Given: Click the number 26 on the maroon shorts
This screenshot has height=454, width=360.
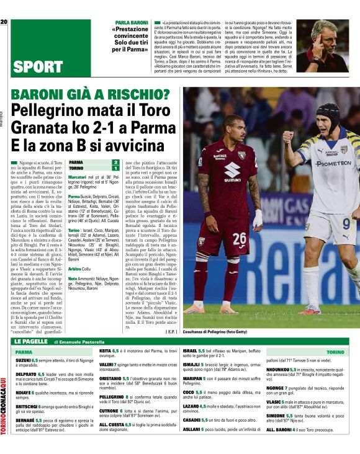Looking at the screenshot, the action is [x=240, y=237].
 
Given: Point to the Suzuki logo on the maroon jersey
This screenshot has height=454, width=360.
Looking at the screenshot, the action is [x=233, y=170].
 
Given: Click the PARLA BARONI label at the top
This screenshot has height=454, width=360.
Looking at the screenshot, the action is [x=132, y=22].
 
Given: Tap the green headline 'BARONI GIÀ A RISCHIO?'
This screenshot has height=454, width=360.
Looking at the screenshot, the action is [x=91, y=96].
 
